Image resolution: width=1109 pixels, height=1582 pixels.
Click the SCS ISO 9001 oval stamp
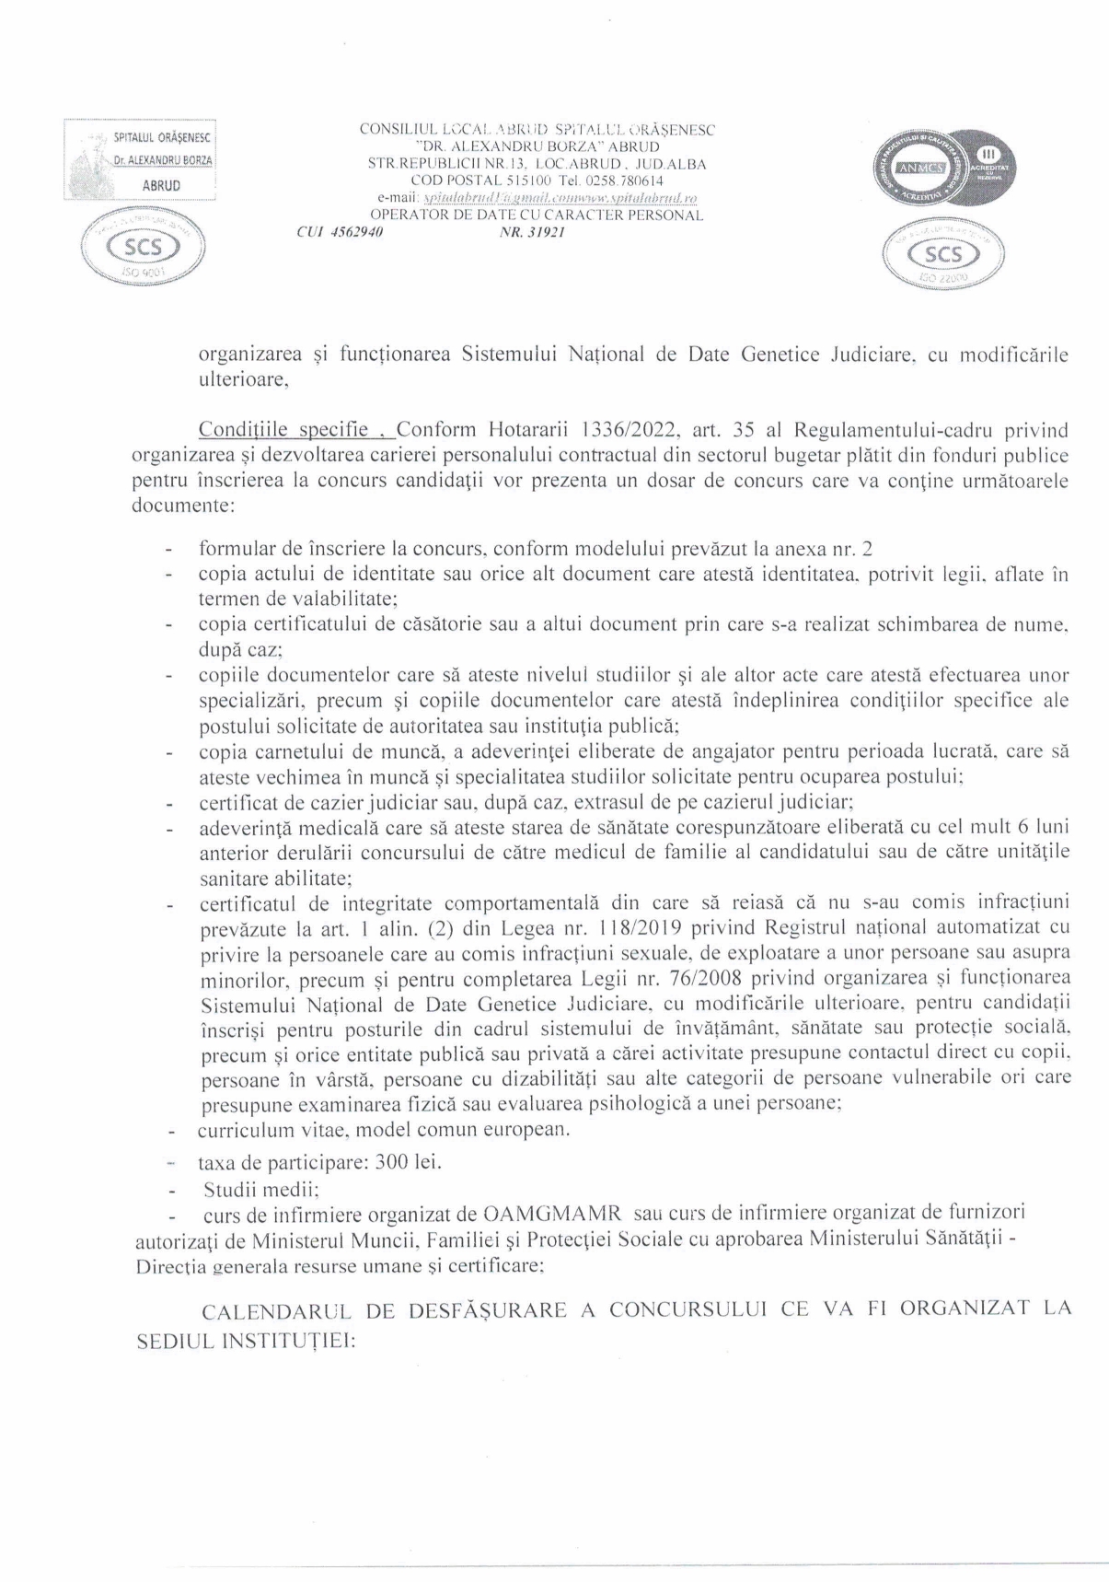click(143, 249)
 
